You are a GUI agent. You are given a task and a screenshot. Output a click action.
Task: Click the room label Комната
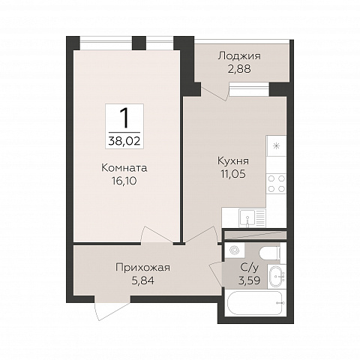(125, 168)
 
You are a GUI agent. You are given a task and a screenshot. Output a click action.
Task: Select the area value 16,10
(125, 181)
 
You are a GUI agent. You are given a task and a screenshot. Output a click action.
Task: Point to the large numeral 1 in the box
(125, 117)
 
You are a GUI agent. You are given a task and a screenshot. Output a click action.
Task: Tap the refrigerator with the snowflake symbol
(277, 145)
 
